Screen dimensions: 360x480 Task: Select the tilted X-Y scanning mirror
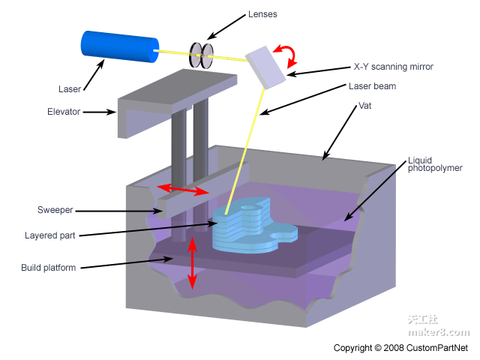pos(266,65)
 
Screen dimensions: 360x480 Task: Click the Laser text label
pos(70,89)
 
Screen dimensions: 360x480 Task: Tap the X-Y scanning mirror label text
pos(393,67)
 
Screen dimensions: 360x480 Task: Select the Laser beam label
pos(372,86)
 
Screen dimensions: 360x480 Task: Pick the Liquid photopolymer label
pos(430,164)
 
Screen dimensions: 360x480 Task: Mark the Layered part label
pos(51,235)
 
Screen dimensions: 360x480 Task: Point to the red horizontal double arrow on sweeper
pos(182,189)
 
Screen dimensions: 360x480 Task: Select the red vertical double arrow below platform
pos(193,262)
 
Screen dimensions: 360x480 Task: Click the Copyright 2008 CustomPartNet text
pos(400,348)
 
